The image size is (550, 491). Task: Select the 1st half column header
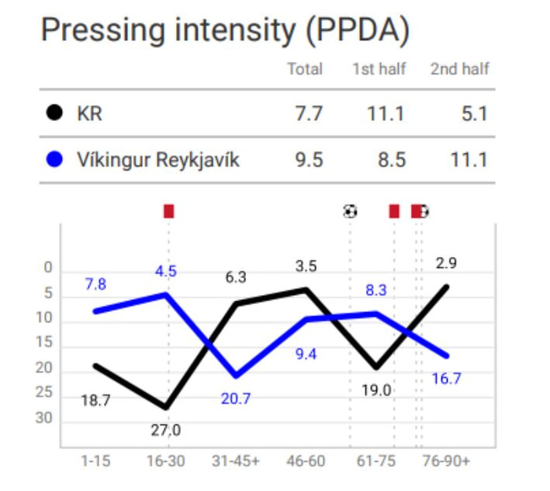click(x=379, y=69)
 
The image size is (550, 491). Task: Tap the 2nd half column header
click(x=460, y=69)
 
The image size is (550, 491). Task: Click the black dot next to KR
click(x=53, y=114)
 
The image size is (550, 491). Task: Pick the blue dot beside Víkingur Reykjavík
click(x=53, y=160)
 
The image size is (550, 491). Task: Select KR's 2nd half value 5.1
click(x=474, y=114)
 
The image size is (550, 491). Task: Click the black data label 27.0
click(x=165, y=430)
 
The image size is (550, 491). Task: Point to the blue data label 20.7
click(x=235, y=398)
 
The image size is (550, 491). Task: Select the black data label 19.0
click(x=376, y=390)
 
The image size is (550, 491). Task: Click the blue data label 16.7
click(x=446, y=379)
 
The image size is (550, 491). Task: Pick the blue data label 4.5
click(x=166, y=272)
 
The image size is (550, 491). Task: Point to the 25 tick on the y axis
click(x=45, y=393)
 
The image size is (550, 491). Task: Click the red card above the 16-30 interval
click(x=168, y=211)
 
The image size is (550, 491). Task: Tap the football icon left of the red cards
click(x=350, y=211)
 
